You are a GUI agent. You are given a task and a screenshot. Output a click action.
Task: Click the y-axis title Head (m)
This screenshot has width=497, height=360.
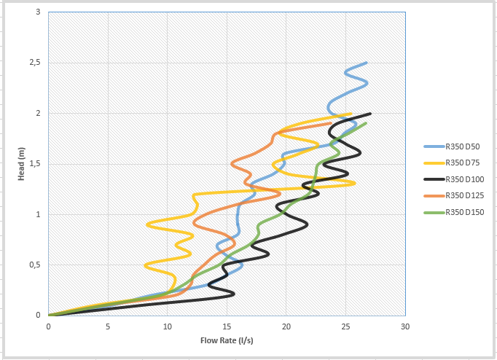[22, 164]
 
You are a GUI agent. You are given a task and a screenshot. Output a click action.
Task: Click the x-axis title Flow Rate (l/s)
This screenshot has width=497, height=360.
[226, 340]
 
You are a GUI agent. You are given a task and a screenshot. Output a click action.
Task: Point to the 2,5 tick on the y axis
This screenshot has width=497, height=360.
[35, 63]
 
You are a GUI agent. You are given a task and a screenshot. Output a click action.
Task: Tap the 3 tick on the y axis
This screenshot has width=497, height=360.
[38, 12]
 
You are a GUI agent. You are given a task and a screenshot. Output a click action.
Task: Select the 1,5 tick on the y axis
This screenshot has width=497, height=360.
[35, 164]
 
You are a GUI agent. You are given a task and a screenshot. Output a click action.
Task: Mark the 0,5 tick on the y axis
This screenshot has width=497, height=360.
[35, 265]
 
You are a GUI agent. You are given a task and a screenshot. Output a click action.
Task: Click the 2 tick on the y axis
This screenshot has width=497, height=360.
[38, 114]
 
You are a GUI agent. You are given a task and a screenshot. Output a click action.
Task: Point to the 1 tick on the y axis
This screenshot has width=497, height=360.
[38, 214]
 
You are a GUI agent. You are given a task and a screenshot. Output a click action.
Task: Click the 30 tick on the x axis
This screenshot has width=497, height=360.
[405, 326]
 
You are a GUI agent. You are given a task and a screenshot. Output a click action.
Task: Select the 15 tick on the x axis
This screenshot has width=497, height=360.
[227, 326]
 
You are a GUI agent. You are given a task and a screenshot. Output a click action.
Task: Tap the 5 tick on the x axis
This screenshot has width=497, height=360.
[108, 326]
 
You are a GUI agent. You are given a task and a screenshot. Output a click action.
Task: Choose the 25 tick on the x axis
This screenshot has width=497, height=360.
[345, 326]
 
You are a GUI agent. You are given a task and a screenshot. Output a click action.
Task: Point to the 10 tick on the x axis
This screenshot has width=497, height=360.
[167, 326]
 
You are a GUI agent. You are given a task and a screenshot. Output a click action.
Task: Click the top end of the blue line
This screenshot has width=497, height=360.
[366, 63]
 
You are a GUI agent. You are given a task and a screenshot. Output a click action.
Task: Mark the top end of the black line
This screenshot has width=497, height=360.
[370, 114]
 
